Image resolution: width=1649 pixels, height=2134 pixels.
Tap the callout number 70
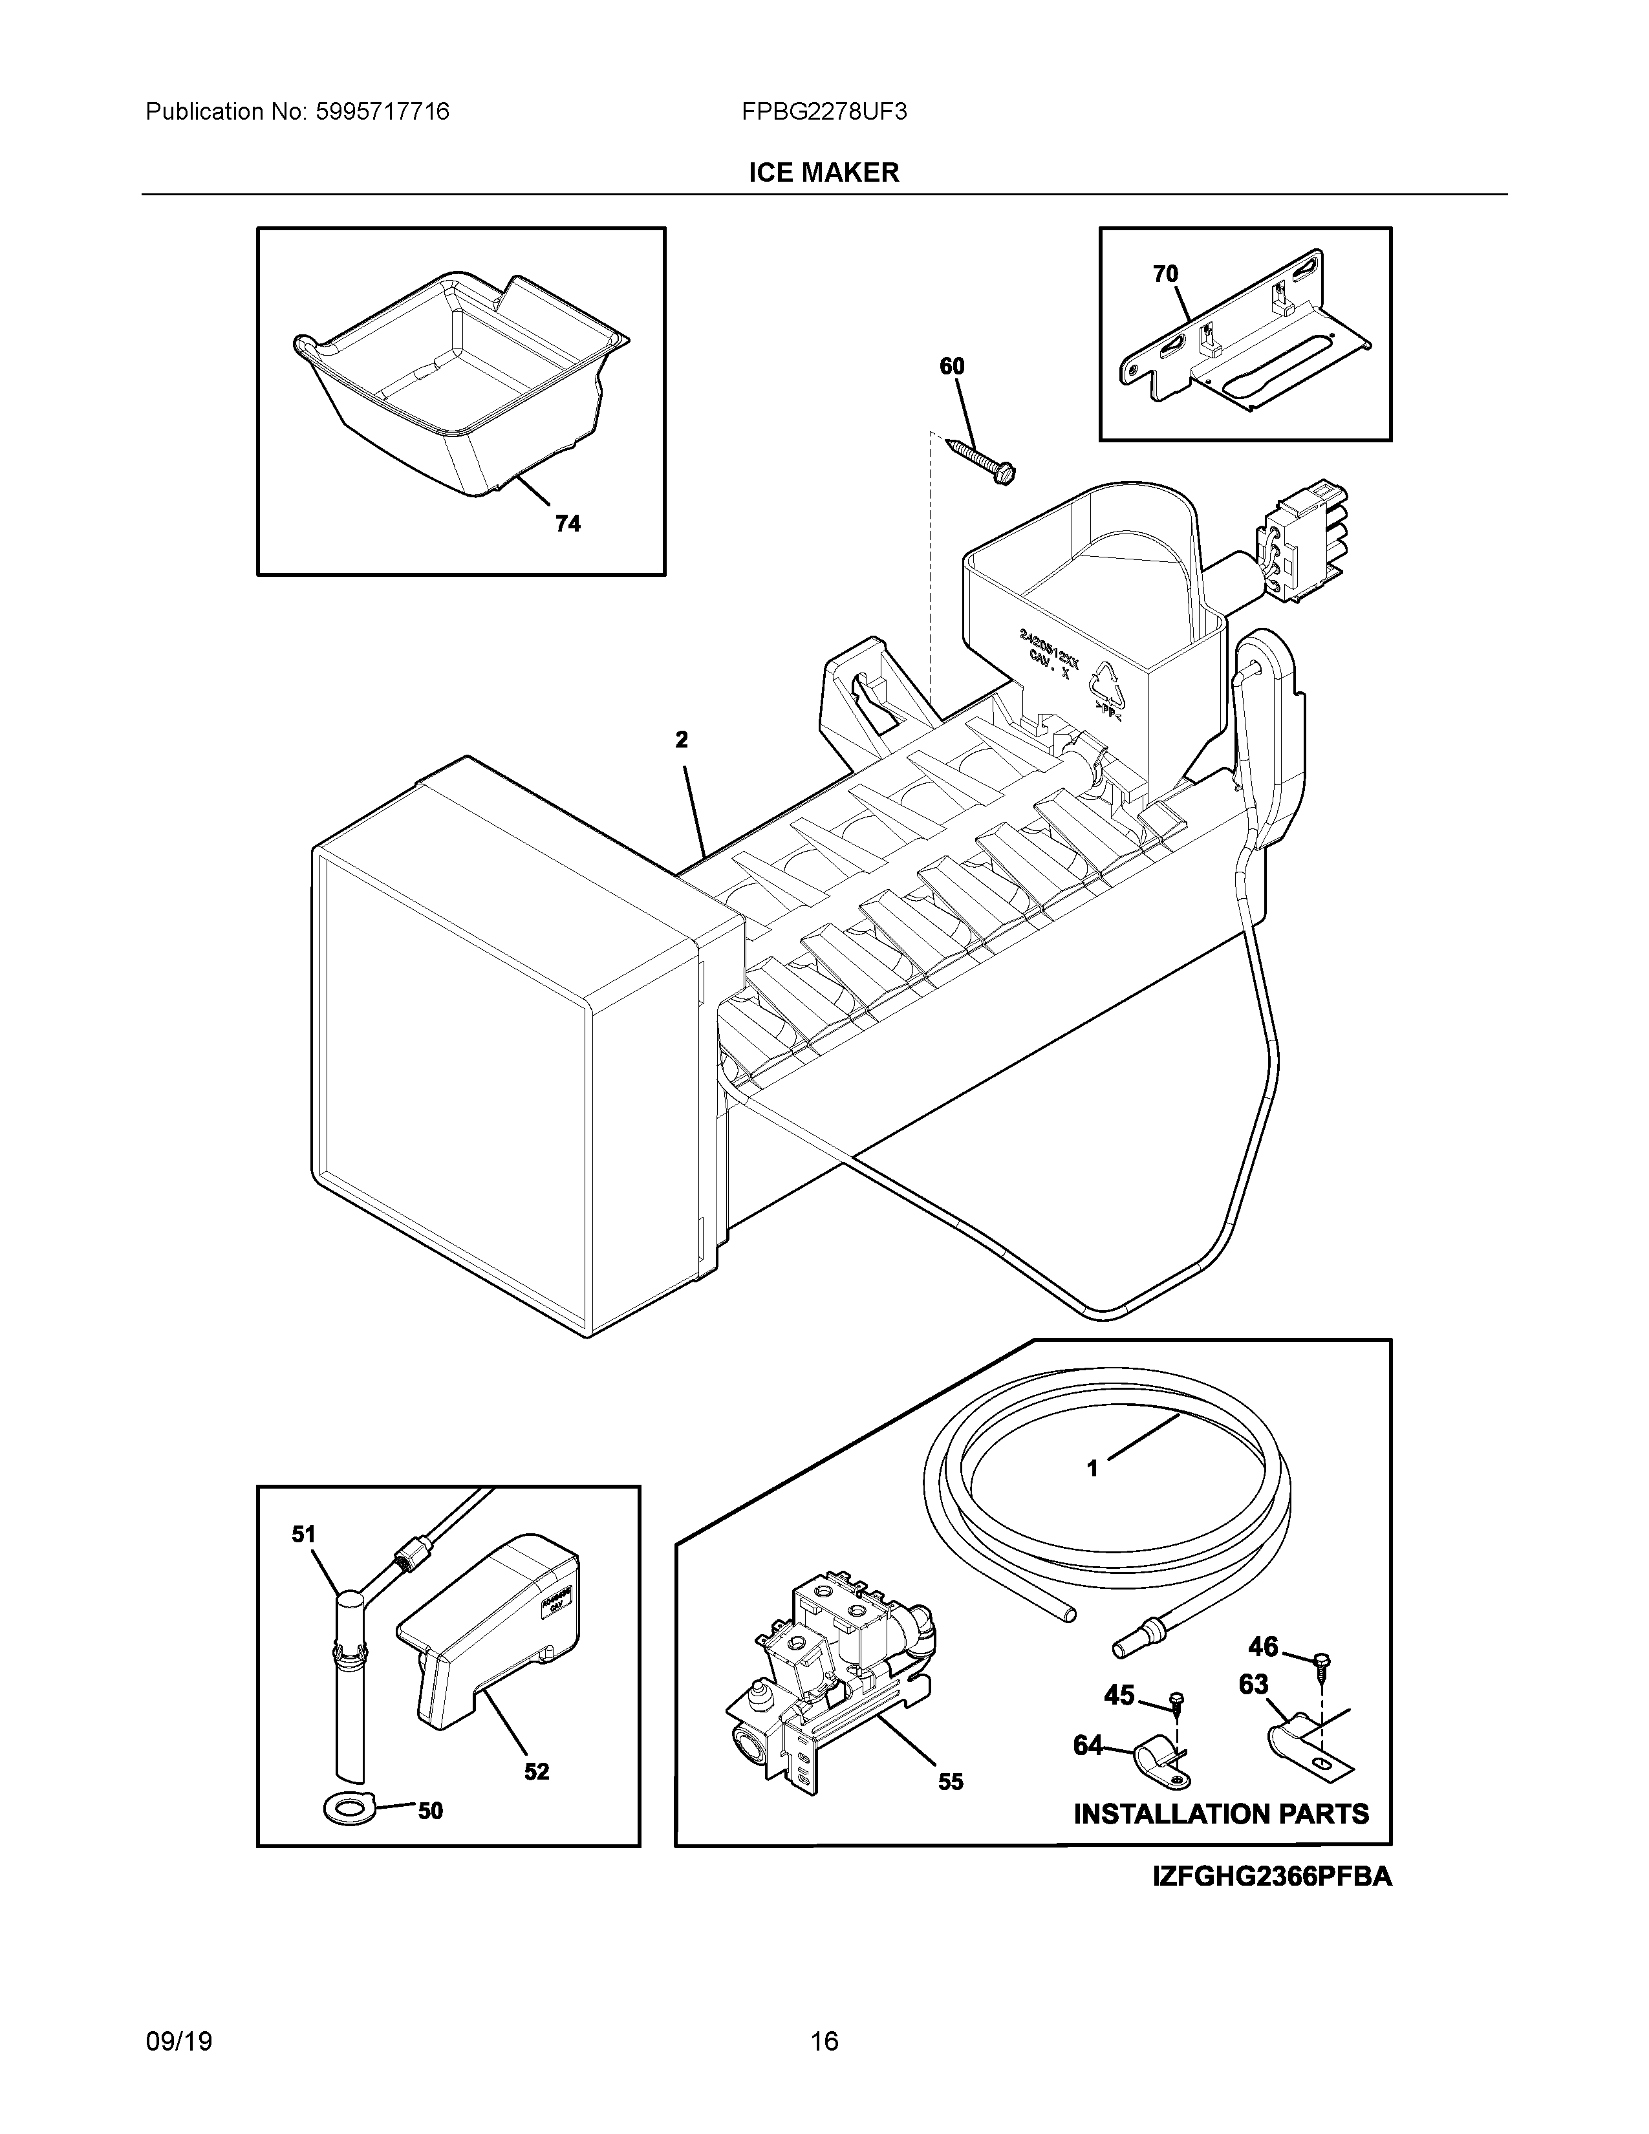(1165, 275)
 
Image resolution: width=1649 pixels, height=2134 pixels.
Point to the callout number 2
(682, 740)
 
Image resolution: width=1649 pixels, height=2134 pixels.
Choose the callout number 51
(304, 1535)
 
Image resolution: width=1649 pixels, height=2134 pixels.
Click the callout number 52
(536, 1771)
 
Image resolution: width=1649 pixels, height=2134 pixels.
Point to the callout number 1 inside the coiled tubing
(1092, 1495)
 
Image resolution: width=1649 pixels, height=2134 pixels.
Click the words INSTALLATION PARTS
(1221, 1815)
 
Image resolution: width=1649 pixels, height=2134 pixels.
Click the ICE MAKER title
(823, 173)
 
